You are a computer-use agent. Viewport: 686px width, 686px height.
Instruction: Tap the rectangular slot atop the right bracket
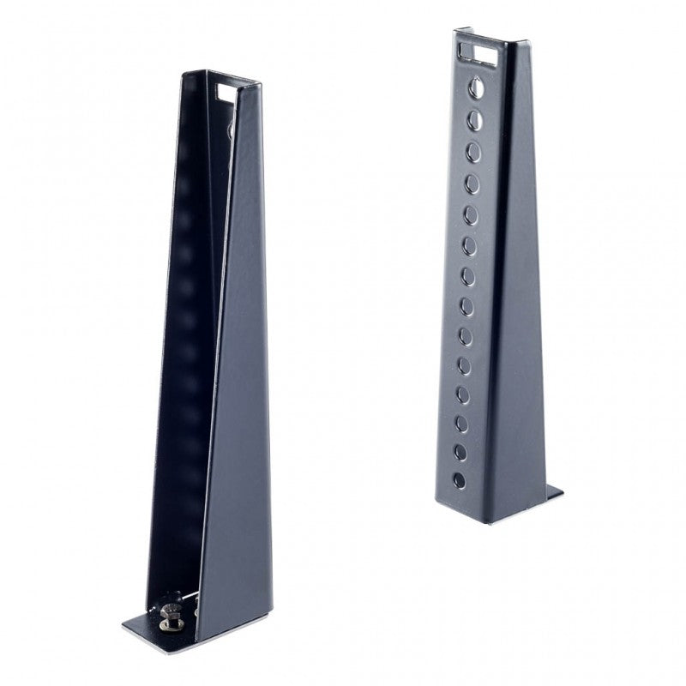(478, 53)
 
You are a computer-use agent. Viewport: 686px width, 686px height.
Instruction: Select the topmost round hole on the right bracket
(475, 86)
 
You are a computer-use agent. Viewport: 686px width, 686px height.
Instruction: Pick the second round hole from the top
(474, 119)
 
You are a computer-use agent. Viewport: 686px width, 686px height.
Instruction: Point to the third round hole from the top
(473, 152)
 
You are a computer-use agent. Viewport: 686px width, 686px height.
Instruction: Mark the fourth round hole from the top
(472, 184)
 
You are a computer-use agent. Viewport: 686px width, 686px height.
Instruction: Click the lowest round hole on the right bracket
(460, 480)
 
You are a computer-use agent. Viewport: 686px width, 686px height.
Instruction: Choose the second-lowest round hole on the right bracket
(460, 451)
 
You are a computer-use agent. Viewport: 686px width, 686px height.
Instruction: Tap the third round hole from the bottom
(461, 423)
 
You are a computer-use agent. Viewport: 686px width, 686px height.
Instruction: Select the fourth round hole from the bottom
(463, 394)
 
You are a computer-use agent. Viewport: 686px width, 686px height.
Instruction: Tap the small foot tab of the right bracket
(554, 493)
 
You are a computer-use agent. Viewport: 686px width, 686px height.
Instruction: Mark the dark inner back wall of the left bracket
(184, 343)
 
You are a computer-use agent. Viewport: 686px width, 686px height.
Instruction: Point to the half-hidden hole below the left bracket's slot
(231, 129)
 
